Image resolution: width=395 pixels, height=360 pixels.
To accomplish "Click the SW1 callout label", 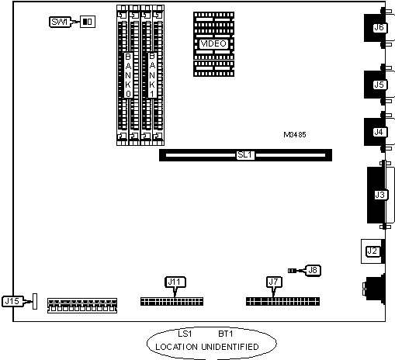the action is click(60, 22).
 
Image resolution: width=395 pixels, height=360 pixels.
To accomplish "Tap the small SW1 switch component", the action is click(88, 22).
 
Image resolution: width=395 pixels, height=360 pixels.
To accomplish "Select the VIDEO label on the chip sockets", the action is click(213, 43).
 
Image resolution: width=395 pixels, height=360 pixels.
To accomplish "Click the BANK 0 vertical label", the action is click(128, 75).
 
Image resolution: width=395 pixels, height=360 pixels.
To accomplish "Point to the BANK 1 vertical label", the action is click(152, 75).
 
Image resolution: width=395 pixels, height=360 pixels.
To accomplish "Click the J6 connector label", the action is click(379, 27).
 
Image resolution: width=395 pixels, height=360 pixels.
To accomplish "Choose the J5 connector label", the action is click(379, 85).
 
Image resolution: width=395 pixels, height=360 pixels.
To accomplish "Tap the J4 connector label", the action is click(379, 132).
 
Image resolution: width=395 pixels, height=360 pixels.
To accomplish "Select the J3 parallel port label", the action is click(380, 195).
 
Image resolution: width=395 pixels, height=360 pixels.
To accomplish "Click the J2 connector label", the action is click(372, 251).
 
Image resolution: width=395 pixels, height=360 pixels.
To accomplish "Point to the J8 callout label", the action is click(313, 271).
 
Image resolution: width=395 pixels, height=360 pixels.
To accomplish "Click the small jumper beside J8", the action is click(292, 271).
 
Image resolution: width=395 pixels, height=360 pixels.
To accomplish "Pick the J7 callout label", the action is click(274, 282).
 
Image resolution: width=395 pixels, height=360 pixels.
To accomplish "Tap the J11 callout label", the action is click(175, 282).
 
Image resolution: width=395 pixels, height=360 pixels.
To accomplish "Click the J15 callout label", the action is click(12, 301).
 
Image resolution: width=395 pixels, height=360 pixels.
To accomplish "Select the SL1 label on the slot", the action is click(245, 155).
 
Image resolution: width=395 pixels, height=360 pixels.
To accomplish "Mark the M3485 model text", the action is click(295, 135).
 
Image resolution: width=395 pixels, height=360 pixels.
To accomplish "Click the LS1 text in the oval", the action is click(185, 334).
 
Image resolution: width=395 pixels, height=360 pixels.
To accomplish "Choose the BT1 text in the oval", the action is click(226, 334).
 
